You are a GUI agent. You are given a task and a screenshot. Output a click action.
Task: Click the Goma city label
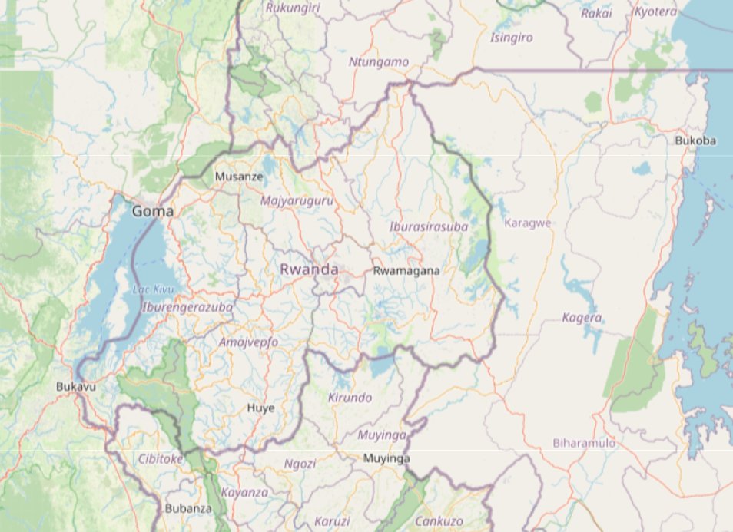(152, 211)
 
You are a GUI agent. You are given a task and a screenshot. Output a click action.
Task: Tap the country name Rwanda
(309, 269)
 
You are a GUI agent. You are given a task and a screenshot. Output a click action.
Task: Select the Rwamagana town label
(406, 270)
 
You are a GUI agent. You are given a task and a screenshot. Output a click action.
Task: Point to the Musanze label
(239, 177)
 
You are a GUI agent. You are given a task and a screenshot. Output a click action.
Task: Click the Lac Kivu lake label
(153, 289)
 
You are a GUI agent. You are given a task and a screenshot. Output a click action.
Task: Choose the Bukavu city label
(76, 387)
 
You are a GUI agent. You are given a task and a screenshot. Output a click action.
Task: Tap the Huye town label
(260, 408)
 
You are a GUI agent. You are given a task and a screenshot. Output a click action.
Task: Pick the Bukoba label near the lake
(695, 140)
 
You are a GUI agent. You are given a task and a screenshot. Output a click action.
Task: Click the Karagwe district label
(528, 223)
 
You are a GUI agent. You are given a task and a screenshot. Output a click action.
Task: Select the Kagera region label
(582, 318)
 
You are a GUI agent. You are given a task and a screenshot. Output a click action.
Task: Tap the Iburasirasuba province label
(429, 226)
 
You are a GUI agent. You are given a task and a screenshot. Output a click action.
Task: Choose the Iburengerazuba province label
(187, 307)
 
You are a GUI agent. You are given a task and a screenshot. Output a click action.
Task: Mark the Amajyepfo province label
(248, 342)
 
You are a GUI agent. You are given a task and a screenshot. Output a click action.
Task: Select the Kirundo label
(350, 398)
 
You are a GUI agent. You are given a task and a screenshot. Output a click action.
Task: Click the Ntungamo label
(379, 61)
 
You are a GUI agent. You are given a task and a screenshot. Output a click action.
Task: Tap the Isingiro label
(511, 37)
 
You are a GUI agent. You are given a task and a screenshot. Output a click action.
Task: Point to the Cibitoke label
(161, 459)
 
